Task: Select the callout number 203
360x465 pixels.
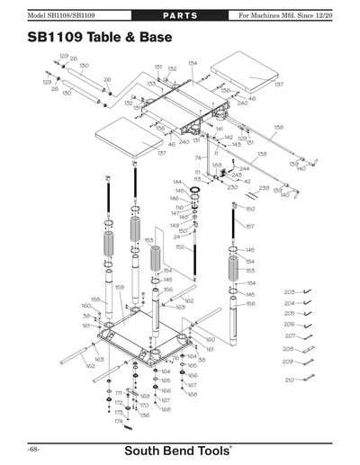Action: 289,292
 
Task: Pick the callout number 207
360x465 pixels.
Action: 290,335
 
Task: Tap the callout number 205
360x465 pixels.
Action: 289,314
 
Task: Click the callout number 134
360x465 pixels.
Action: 193,63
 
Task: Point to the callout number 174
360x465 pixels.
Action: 118,421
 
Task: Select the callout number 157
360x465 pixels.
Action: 250,227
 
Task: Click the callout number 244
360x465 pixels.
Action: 244,168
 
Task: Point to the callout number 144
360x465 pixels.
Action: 177,182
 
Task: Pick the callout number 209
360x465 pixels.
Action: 290,362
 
